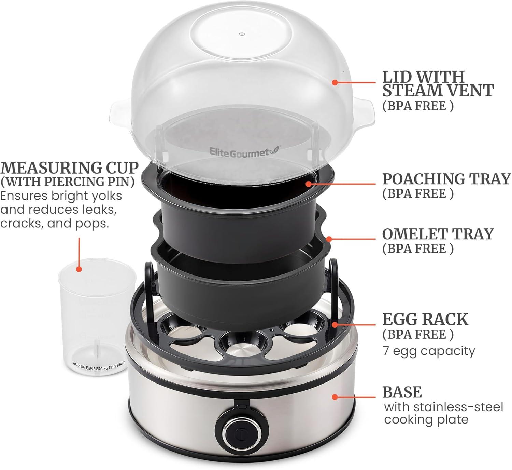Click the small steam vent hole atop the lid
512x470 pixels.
point(241,34)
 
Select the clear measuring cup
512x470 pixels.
point(97,317)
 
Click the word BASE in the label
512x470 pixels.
point(402,392)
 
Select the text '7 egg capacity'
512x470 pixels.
point(429,351)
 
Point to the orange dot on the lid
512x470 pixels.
point(335,82)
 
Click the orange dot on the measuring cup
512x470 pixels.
point(79,269)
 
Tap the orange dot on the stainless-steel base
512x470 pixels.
point(335,397)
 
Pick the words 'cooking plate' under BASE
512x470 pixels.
point(426,420)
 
